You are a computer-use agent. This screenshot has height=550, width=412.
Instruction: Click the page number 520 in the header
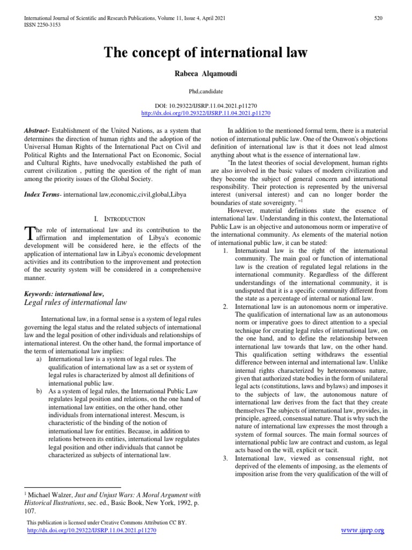tap(378, 18)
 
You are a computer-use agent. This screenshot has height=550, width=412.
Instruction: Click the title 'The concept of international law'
tap(205, 52)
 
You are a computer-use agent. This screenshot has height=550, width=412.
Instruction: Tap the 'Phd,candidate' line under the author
tap(205, 92)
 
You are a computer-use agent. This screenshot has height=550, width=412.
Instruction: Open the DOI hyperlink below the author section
tap(205, 113)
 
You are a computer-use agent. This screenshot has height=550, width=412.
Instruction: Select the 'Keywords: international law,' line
tap(64, 293)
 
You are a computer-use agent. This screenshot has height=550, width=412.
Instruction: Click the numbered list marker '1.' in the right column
tap(225, 251)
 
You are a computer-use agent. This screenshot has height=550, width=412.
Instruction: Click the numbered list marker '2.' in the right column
tap(225, 306)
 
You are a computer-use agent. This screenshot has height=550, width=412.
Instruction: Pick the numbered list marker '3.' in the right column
tap(225, 458)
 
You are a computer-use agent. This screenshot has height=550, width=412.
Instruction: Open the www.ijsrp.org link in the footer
tap(363, 531)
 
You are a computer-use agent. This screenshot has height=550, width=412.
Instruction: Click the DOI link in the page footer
tap(91, 530)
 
